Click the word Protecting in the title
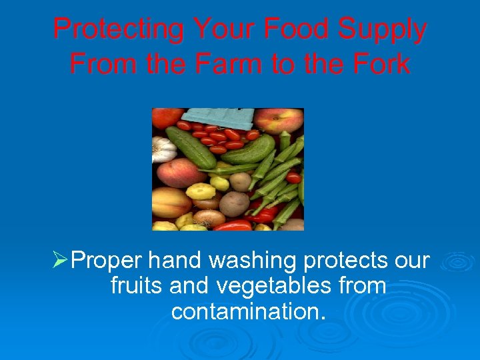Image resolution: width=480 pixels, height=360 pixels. pyautogui.click(x=118, y=30)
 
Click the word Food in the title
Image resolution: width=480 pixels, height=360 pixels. pyautogui.click(x=294, y=30)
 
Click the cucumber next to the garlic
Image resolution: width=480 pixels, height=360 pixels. pyautogui.click(x=190, y=147)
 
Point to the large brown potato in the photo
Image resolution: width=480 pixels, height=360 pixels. pyautogui.click(x=235, y=203)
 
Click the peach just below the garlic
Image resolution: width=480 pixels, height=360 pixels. pyautogui.click(x=173, y=172)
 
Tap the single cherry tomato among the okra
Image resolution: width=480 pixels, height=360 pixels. pyautogui.click(x=293, y=177)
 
